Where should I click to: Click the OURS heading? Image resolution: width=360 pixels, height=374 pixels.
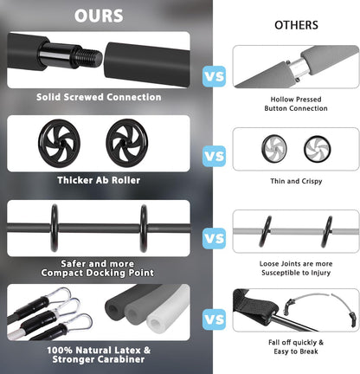99,16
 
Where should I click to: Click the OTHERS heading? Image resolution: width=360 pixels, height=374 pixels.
296,25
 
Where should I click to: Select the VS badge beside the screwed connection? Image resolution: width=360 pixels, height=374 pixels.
214,76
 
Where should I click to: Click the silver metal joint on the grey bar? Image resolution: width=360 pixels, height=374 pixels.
299,68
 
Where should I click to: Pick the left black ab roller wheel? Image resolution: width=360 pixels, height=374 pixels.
59,143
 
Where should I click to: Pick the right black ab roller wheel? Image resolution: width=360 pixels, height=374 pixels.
127,143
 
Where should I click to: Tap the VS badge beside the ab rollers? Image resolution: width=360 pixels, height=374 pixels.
214,156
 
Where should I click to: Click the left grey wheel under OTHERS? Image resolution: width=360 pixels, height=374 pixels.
274,149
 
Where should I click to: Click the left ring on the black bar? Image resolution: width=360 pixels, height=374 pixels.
55,228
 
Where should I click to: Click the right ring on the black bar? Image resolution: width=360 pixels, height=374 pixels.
144,228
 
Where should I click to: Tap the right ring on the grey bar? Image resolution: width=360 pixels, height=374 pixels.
327,232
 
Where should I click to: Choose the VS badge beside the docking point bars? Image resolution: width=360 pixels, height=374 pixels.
214,238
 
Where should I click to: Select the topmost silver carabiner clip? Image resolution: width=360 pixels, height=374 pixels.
63,294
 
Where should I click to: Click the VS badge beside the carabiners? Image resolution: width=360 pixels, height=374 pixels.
214,319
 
